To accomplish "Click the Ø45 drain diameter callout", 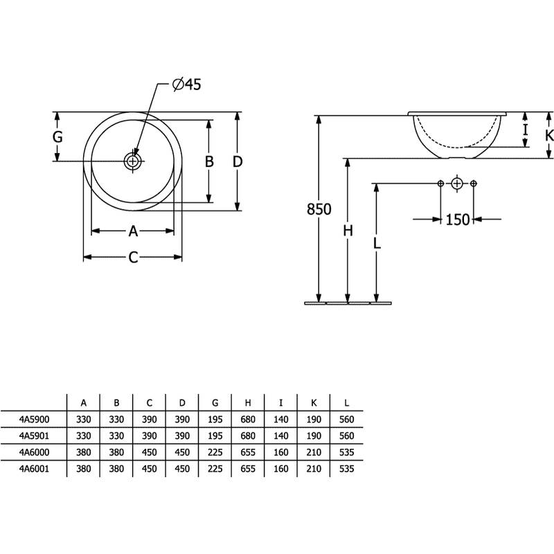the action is pos(186,84).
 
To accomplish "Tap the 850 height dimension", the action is pos(319,209).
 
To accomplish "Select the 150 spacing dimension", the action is pos(458,220).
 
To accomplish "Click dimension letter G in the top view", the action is pos(57,136).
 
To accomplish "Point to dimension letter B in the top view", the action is pos(209,161).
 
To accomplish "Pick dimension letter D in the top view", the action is pos(238,161).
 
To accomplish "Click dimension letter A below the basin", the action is pos(133,231).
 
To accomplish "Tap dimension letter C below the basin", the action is pos(133,258).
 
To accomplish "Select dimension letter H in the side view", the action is pos(348,231).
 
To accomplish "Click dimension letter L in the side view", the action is pos(377,243).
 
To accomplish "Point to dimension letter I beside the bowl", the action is pos(526,130).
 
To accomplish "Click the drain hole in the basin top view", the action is pos(132,161).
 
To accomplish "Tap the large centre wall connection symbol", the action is pos(457,184).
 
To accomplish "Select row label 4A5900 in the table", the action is pos(34,420).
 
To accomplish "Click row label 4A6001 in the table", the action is pos(34,469).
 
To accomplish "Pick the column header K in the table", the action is pos(314,403).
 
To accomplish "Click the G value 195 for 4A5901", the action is pos(215,436).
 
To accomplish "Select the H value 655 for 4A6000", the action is pos(248,452).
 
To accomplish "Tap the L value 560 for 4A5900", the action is pos(347,420).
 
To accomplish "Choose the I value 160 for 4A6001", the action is pos(281,469).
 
